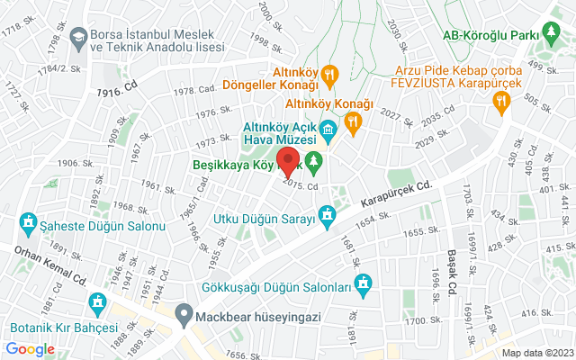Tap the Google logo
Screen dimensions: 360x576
(x=30, y=349)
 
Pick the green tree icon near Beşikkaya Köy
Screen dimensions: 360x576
(x=314, y=164)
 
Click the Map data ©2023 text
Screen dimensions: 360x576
(x=536, y=353)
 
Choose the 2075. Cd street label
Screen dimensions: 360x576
(x=301, y=184)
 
